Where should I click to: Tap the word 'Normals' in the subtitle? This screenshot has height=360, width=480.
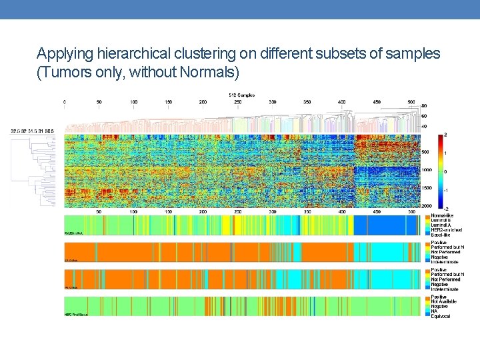point(211,71)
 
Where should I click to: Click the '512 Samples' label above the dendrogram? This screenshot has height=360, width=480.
point(241,94)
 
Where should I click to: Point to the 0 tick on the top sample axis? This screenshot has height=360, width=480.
point(65,102)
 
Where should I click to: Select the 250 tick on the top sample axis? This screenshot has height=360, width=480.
point(238,102)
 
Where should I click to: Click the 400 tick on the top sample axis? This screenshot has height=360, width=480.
point(342,102)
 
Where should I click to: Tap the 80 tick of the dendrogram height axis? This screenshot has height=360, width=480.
point(425,106)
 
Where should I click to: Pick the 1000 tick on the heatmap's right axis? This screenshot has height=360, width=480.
point(426,170)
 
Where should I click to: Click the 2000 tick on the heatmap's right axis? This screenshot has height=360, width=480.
point(426,206)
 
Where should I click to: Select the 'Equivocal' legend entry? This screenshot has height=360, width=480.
point(441,316)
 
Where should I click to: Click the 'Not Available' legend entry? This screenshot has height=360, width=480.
point(445,302)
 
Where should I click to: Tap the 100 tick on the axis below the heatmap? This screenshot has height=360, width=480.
point(134,211)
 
